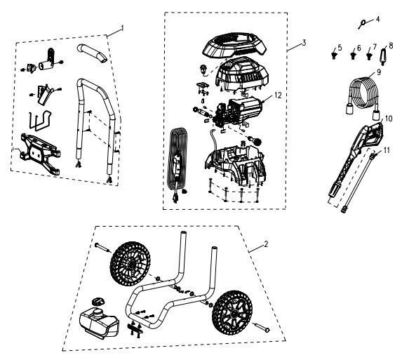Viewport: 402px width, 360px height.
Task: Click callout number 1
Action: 122,27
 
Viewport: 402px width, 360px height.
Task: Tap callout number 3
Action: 303,43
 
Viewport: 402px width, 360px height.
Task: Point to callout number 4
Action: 378,18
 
